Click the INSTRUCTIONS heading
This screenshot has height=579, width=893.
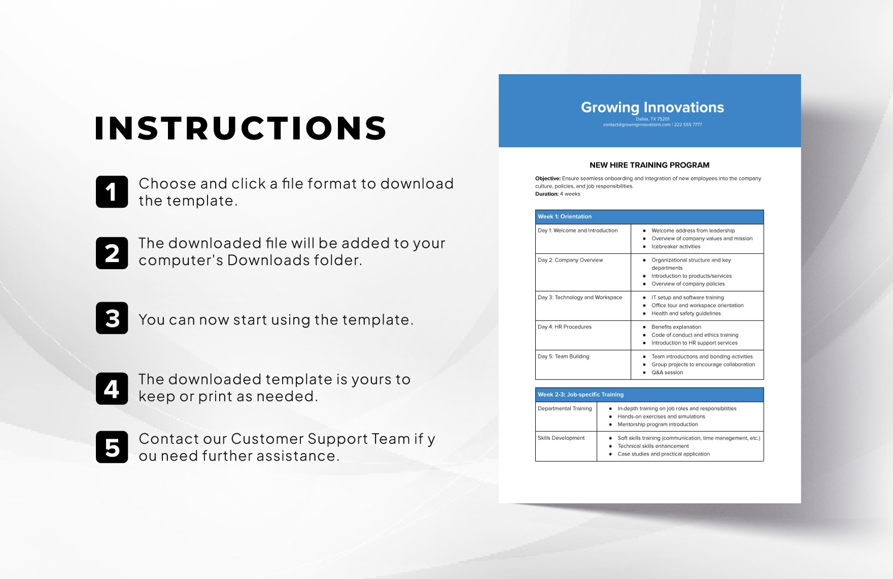pos(241,128)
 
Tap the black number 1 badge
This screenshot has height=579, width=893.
pos(112,192)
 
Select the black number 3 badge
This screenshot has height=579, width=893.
pos(112,318)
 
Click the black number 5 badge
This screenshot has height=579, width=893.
pos(112,447)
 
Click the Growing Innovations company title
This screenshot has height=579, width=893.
pos(652,107)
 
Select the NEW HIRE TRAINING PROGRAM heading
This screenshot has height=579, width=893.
pos(649,165)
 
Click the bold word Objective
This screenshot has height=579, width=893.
pos(547,179)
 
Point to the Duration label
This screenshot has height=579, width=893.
pos(546,194)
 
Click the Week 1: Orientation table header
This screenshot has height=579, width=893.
pos(565,217)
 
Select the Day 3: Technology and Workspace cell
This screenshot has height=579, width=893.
pos(579,298)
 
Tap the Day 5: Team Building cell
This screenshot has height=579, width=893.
pos(563,357)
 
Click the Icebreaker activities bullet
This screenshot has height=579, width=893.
pos(675,247)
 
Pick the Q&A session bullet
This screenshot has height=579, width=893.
pos(667,373)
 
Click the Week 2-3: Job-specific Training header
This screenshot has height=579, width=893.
pos(580,395)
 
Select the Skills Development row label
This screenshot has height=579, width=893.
pos(561,438)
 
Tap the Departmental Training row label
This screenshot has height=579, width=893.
pos(565,408)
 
